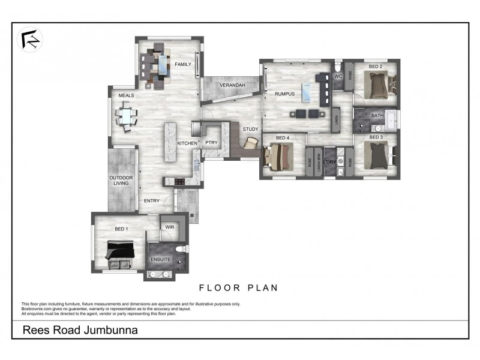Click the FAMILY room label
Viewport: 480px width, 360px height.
[182, 64]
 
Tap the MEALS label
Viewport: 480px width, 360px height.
[126, 95]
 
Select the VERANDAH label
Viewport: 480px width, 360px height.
[232, 86]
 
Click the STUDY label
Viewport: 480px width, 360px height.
[250, 129]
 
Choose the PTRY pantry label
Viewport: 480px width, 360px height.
[211, 143]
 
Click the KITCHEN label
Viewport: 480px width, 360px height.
[187, 143]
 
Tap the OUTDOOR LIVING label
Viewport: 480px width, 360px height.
[121, 181]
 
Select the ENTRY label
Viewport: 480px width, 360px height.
[152, 200]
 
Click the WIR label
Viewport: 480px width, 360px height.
[169, 227]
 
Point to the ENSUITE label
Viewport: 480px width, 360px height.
[161, 259]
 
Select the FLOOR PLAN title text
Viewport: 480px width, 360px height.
[239, 287]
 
